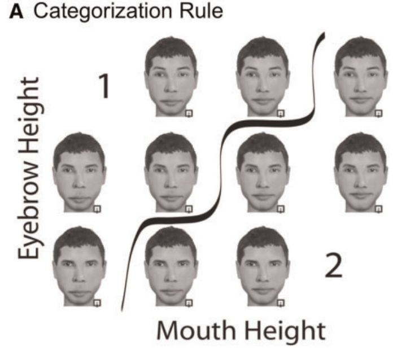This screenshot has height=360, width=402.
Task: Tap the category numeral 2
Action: (333, 266)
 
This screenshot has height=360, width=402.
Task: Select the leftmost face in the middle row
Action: (79, 172)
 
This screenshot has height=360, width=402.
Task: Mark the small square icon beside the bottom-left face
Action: (97, 304)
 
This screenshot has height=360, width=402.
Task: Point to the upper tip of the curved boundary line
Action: (323, 35)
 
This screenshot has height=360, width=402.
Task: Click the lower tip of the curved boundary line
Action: (123, 309)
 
